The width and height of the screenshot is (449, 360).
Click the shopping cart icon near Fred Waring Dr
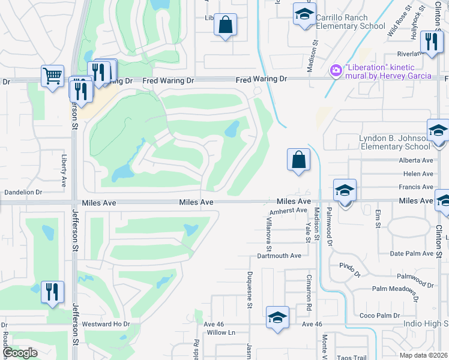click(53, 76)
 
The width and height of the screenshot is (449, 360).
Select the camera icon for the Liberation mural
click(336, 71)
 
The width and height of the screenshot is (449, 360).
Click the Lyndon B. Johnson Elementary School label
click(393, 142)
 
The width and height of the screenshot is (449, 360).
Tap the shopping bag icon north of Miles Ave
click(298, 160)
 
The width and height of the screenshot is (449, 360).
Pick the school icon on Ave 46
click(277, 317)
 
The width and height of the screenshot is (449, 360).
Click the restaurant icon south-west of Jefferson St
click(52, 292)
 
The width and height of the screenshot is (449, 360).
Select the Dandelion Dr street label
click(23, 193)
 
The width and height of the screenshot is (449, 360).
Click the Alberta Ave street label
click(415, 160)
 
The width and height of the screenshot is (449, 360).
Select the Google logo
click(20, 353)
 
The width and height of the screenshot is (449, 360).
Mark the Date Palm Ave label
click(411, 254)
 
